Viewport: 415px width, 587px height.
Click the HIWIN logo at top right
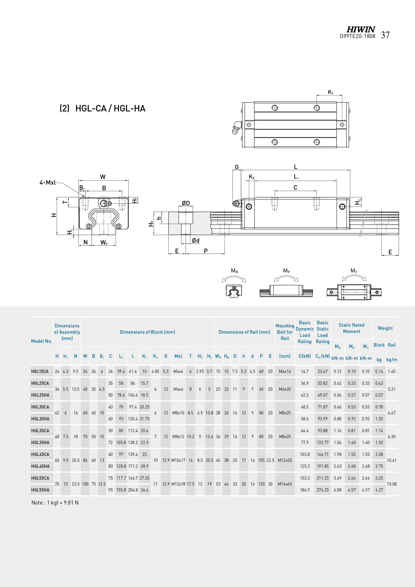pyautogui.click(x=361, y=29)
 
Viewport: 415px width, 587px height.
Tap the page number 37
pyautogui.click(x=385, y=35)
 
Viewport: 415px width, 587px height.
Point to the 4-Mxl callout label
pyautogui.click(x=48, y=183)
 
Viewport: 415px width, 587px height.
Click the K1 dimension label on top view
pyautogui.click(x=330, y=92)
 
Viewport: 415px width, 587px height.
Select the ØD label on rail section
pyautogui.click(x=186, y=203)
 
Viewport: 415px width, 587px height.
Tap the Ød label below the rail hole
pyautogui.click(x=196, y=241)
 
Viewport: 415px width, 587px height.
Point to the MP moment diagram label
pyautogui.click(x=287, y=271)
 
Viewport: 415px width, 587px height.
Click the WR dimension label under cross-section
pyautogui.click(x=104, y=242)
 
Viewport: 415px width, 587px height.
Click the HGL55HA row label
pyautogui.click(x=40, y=490)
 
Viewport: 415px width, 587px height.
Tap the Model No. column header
pyautogui.click(x=41, y=341)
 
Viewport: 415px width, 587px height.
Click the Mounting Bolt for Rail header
pyautogui.click(x=285, y=332)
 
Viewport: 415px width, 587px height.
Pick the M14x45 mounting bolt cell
pyautogui.click(x=285, y=484)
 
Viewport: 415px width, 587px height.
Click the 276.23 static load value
pyautogui.click(x=322, y=490)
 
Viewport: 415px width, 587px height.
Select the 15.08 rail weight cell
pyautogui.click(x=391, y=484)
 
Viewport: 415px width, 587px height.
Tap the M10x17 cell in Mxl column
pyautogui.click(x=178, y=460)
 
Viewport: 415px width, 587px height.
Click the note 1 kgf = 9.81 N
pyautogui.click(x=55, y=503)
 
